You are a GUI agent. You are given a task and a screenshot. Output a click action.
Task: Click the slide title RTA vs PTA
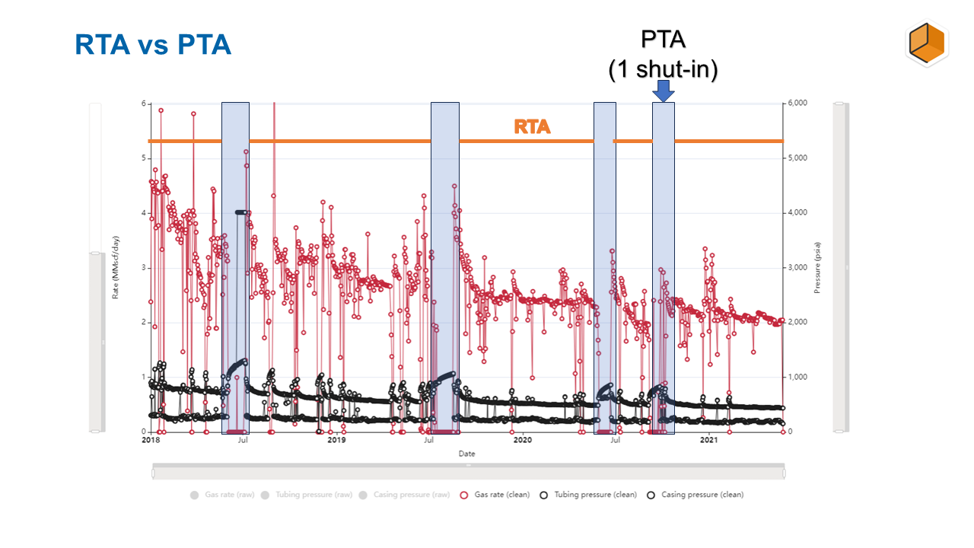(152, 44)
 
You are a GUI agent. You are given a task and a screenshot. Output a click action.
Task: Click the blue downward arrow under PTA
(664, 91)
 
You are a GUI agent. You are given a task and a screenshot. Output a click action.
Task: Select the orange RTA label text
(532, 126)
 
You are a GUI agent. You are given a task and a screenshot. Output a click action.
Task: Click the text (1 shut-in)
(663, 69)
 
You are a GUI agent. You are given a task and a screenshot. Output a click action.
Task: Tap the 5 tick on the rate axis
(142, 158)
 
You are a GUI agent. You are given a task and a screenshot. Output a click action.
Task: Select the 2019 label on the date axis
(336, 440)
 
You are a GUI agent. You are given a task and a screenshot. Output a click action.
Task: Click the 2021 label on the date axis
(708, 440)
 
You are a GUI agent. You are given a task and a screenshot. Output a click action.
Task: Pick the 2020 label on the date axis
(523, 440)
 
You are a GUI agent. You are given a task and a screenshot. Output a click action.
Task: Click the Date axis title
(466, 454)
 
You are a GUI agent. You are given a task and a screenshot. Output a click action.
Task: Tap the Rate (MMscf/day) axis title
(116, 268)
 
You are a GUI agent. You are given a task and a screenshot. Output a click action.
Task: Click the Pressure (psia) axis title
(816, 268)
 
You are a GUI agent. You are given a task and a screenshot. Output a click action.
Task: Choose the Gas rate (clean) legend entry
(495, 495)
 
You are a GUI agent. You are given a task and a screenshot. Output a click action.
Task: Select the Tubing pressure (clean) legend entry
(589, 495)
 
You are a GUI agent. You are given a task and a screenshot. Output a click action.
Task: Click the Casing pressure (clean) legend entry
(695, 495)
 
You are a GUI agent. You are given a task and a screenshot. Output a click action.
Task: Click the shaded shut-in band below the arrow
(664, 266)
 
